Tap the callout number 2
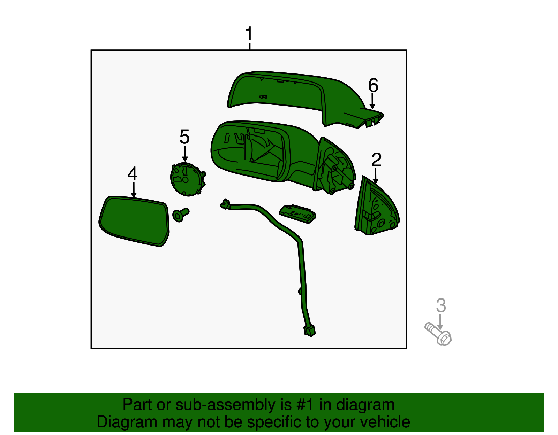pyautogui.click(x=376, y=160)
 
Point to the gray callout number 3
pyautogui.click(x=441, y=305)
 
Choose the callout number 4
pyautogui.click(x=133, y=173)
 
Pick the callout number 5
pyautogui.click(x=184, y=137)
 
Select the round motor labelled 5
pyautogui.click(x=188, y=179)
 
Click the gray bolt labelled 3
pyautogui.click(x=438, y=334)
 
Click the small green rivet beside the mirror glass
pyautogui.click(x=181, y=215)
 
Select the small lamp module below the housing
pyautogui.click(x=297, y=214)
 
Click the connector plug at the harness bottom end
pyautogui.click(x=309, y=331)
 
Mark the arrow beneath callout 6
pyautogui.click(x=372, y=101)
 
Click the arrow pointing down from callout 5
pyautogui.click(x=184, y=154)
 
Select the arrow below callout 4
pyautogui.click(x=133, y=190)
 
